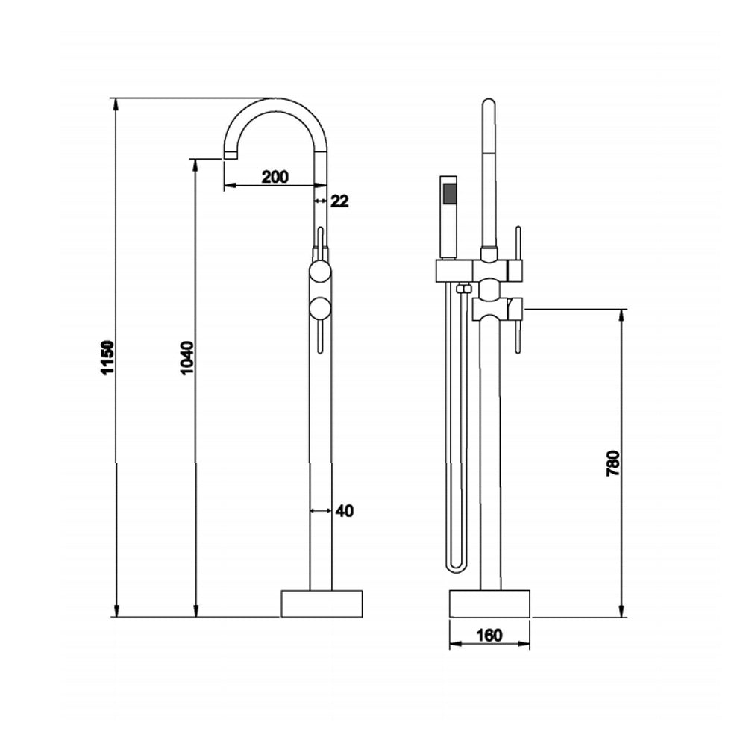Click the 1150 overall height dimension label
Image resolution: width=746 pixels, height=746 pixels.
click(108, 358)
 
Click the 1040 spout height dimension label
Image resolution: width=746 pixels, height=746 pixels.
click(187, 358)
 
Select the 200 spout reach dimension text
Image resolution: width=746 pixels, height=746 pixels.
click(275, 177)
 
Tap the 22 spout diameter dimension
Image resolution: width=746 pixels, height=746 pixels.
click(339, 201)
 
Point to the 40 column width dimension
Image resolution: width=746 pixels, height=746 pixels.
click(344, 511)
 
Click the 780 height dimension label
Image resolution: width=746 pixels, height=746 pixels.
click(613, 463)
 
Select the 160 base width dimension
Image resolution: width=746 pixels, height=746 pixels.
click(489, 636)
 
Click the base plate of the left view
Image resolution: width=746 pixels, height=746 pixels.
click(322, 604)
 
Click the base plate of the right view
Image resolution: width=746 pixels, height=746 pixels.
click(489, 604)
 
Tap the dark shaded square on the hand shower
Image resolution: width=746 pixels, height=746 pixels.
click(448, 193)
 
